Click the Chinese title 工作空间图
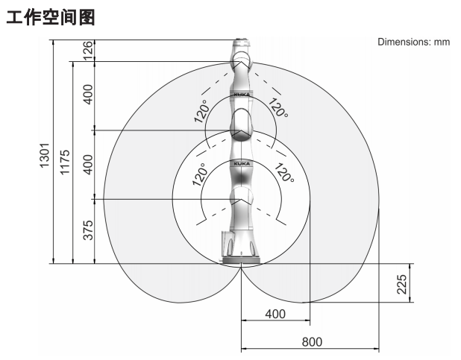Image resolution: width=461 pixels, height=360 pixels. pos(51,17)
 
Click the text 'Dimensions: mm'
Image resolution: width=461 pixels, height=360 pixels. pos(414,42)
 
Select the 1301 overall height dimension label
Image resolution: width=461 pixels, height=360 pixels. pos(45,156)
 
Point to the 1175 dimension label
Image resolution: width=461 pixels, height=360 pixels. pos(65,162)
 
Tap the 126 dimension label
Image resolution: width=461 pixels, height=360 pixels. pos(88,50)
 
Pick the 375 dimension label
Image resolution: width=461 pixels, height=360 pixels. pos(88,230)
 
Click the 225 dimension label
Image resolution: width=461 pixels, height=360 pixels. pos(401,284)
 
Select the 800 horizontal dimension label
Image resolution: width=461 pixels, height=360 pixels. pos(312,342)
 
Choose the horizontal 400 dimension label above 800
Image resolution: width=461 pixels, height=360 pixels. pos(275,314)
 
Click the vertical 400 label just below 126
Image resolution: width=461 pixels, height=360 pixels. pos(88,94)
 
